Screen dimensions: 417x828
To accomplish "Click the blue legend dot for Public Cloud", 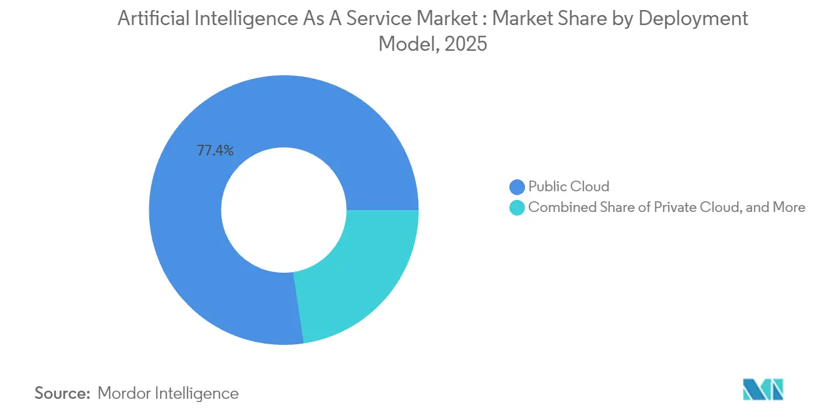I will (517, 187).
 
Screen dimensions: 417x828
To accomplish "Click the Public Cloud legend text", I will (568, 186).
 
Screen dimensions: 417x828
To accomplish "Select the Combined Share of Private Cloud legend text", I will (666, 208).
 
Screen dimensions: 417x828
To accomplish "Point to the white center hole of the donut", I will (284, 209).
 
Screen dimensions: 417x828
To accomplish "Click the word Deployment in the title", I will (693, 19).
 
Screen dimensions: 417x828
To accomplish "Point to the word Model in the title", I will (403, 44).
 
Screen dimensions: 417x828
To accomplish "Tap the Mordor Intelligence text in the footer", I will (168, 393).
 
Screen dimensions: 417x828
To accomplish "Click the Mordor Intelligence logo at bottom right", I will (763, 389).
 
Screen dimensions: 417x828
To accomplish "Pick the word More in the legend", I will (789, 208).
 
